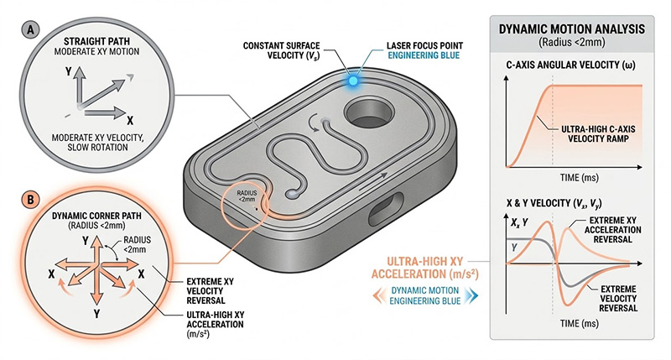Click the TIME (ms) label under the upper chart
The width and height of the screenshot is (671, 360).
coord(575,178)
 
